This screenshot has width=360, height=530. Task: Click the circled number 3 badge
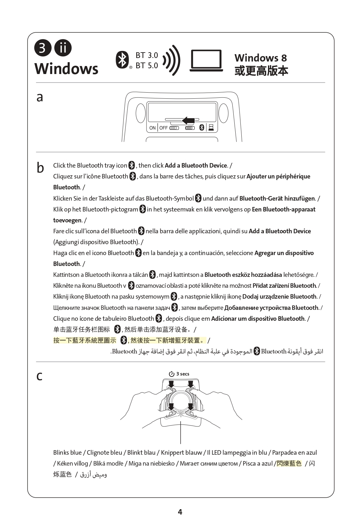coord(42,48)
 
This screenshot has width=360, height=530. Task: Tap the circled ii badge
coord(63,48)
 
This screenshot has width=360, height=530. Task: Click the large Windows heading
coord(66,69)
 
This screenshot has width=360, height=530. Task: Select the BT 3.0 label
coord(147,55)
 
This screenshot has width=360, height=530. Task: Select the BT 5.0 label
coord(147,66)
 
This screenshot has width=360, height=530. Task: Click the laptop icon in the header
coord(206,61)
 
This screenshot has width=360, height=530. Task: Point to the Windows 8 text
coord(260,58)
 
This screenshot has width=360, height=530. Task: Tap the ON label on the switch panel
coord(152,128)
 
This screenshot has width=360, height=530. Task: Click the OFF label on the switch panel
coord(163,128)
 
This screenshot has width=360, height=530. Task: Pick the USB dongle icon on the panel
coord(211,128)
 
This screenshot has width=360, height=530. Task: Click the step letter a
coord(40,97)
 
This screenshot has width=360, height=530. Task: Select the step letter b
coord(40,168)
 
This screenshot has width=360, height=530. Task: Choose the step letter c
coord(39,376)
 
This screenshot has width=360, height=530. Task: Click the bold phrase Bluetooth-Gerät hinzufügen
coord(277,198)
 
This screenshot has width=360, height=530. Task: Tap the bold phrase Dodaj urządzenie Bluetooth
coord(279,296)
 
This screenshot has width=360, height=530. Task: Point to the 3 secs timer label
coord(179,374)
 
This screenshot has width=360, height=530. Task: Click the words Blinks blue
coord(67,452)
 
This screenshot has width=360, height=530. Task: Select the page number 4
coord(180,512)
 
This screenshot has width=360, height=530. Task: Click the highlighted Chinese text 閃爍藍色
coord(289,463)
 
